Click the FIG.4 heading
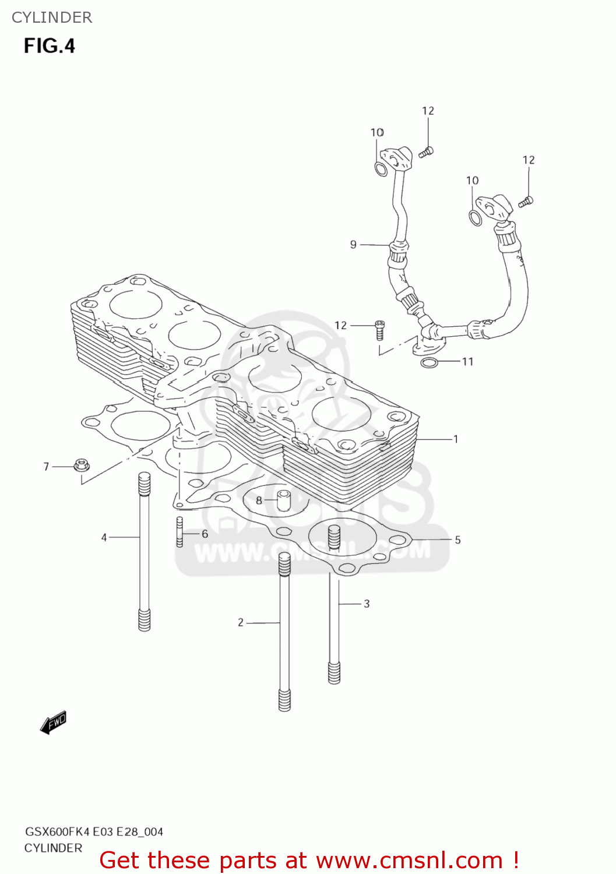tap(50, 46)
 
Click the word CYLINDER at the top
tap(52, 17)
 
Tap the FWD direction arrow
tap(54, 723)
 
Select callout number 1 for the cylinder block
tap(456, 439)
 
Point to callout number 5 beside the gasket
tap(457, 540)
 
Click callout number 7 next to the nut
tap(46, 466)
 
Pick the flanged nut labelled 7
tap(81, 466)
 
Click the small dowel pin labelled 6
tap(179, 532)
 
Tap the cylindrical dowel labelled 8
tap(284, 500)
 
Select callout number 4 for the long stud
tap(104, 537)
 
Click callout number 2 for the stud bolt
tap(240, 622)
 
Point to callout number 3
tap(367, 604)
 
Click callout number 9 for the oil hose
tap(353, 244)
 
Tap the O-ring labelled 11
tap(429, 364)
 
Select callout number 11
tap(467, 361)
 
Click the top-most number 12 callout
tap(428, 111)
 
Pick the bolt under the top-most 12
tap(426, 152)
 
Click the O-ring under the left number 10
tap(380, 170)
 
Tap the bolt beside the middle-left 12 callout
tap(379, 330)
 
